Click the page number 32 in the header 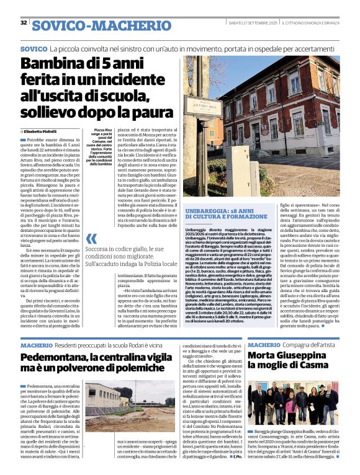coord(24,23)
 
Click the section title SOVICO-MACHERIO coord(101,25)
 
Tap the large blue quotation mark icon coord(91,239)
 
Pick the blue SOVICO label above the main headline coord(34,48)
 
